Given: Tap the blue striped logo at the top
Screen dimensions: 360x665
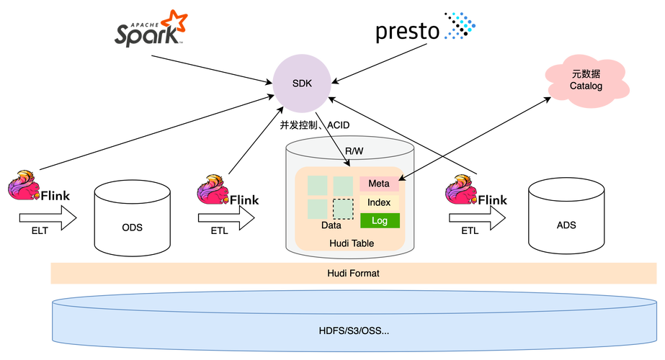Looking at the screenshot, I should coord(462,25).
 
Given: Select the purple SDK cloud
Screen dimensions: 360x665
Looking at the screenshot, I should coord(302,83).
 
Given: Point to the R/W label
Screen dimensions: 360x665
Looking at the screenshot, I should coord(354,151).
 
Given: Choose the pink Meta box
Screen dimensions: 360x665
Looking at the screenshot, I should coord(379,184).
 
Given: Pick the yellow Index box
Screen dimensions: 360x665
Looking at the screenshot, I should coord(379,202).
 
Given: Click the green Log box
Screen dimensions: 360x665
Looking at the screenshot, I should coord(379,220).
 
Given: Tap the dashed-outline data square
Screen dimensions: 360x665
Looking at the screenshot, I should coord(343,209).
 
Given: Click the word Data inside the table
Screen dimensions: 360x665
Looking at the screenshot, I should coord(331,225).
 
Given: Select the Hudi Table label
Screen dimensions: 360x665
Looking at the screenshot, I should coord(352,243).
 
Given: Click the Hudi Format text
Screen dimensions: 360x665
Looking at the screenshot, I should coord(353,274).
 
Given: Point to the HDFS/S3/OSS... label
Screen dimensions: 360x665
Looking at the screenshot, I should coord(353,330).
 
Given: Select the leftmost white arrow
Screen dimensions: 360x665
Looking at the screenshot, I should coord(48,217).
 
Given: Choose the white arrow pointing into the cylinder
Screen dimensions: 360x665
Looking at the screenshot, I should coord(226,217).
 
